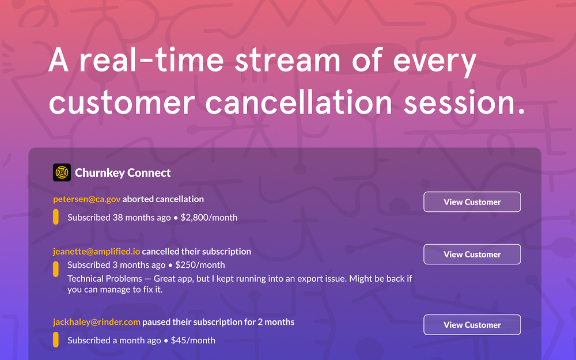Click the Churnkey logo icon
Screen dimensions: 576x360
[x=62, y=172]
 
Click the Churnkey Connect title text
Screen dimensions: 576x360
[x=123, y=173]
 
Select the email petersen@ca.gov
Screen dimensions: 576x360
[x=87, y=199]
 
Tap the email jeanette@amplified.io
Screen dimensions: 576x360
[x=97, y=251]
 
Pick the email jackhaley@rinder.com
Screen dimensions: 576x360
[x=97, y=322]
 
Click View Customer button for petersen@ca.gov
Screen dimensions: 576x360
[x=472, y=202]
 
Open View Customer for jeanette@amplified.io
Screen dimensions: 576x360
[x=472, y=254]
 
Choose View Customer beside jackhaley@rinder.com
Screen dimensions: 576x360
[x=472, y=325]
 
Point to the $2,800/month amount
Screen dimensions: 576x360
[x=209, y=218]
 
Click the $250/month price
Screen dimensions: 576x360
[x=200, y=265]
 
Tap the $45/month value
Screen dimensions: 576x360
[x=193, y=340]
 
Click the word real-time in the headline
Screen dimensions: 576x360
[x=151, y=60]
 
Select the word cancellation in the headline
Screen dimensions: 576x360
[x=298, y=102]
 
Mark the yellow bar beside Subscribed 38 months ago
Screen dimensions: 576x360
[x=56, y=217]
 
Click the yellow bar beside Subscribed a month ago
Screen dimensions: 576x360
[x=56, y=339]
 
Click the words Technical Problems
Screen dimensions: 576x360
[x=105, y=278]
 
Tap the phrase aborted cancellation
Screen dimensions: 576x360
[x=163, y=199]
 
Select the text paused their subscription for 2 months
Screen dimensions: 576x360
[x=218, y=322]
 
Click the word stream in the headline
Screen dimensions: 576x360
[x=287, y=60]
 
